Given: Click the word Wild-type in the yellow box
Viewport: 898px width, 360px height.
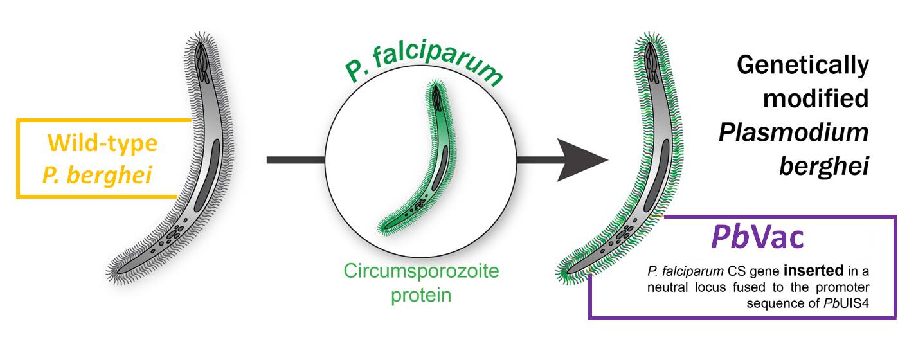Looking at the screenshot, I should pos(102,143).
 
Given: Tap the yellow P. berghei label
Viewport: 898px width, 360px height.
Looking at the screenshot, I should pos(97,174).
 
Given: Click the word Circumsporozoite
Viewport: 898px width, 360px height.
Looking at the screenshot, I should pos(422,271).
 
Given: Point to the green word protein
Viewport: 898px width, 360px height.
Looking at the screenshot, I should pos(422,295).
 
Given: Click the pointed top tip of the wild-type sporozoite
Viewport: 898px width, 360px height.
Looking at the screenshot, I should pos(201,40).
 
